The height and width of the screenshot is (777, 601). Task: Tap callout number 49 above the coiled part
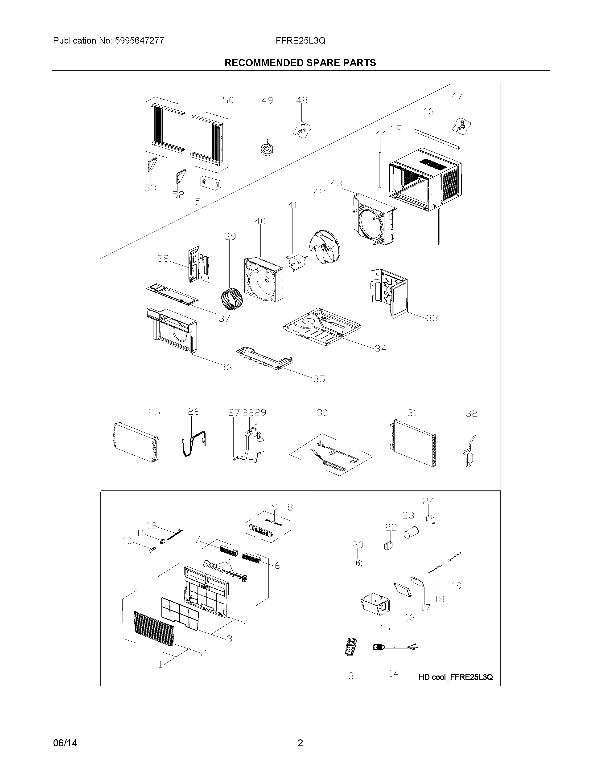(267, 101)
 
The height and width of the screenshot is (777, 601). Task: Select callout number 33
(432, 318)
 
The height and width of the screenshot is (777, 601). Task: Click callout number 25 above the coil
(154, 412)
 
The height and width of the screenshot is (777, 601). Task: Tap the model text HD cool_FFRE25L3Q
(455, 677)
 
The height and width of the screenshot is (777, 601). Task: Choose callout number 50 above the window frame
(228, 101)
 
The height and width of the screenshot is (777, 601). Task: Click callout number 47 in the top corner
(457, 96)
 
